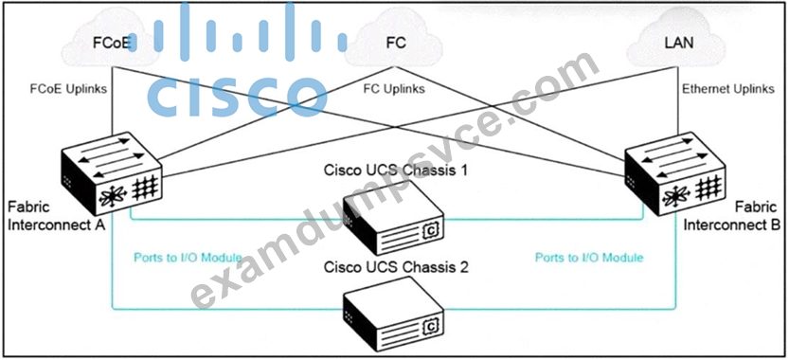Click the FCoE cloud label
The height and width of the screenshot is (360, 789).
click(112, 43)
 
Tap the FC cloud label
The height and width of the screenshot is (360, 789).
click(396, 43)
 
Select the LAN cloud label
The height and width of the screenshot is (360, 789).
click(679, 43)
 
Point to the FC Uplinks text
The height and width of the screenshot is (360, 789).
click(394, 90)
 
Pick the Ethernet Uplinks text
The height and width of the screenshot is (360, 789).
click(728, 90)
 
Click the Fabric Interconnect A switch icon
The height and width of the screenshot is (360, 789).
click(111, 173)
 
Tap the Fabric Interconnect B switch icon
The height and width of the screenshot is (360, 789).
click(675, 173)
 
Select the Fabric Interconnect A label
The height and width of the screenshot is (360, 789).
click(57, 216)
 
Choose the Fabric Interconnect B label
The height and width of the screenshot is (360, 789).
click(731, 216)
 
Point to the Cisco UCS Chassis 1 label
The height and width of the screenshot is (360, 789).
click(396, 171)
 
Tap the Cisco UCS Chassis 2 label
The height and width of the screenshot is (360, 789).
click(396, 267)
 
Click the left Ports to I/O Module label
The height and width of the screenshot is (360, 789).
click(188, 258)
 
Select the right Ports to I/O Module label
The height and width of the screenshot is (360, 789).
click(589, 258)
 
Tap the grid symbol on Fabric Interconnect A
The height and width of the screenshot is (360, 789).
click(145, 189)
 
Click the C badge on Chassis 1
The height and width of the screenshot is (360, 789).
click(431, 230)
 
